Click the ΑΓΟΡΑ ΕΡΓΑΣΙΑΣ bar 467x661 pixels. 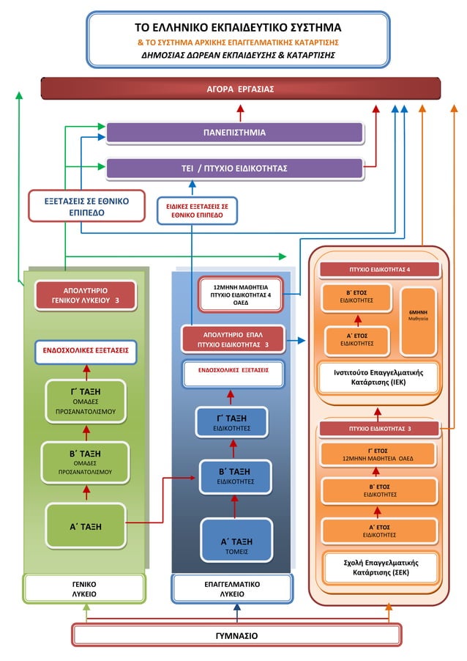point(240,89)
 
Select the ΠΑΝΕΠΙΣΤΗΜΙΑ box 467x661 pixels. point(235,133)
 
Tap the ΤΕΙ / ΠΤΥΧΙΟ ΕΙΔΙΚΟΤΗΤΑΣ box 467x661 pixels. point(235,169)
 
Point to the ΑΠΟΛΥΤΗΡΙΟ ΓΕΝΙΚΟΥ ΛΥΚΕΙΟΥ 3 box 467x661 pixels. point(86,295)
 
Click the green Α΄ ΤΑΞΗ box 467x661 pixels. point(86,525)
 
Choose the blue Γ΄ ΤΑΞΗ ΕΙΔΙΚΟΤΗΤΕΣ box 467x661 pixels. point(232,421)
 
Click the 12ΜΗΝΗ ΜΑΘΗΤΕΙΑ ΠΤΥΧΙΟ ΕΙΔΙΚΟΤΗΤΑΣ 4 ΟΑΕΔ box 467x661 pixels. point(240,295)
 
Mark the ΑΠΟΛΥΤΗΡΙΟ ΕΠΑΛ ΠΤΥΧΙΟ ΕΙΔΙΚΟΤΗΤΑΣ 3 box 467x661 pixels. point(231,339)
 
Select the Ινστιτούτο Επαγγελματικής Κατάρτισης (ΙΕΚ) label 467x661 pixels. point(378,377)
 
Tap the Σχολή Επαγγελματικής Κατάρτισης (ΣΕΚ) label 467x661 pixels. point(379,566)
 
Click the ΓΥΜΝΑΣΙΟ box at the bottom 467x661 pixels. point(236,635)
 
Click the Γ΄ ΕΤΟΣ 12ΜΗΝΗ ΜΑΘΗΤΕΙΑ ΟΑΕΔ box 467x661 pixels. point(378,454)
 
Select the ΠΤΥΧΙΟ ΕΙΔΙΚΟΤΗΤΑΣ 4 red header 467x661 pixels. point(379,270)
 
